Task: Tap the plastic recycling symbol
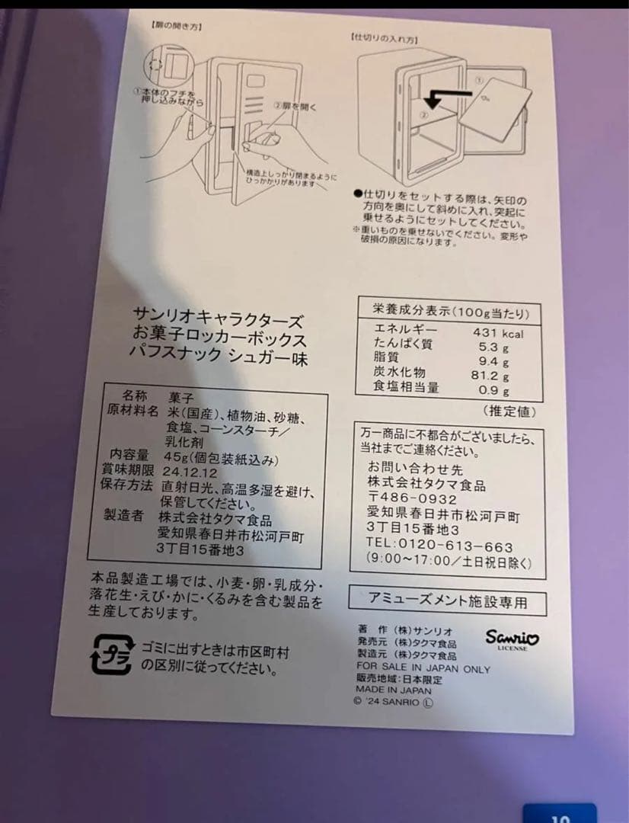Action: pos(111,655)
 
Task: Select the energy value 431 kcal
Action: pos(497,333)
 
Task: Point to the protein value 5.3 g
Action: pos(494,346)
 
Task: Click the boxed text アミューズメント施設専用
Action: pos(447,602)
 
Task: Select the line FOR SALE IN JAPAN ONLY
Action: pos(423,668)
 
